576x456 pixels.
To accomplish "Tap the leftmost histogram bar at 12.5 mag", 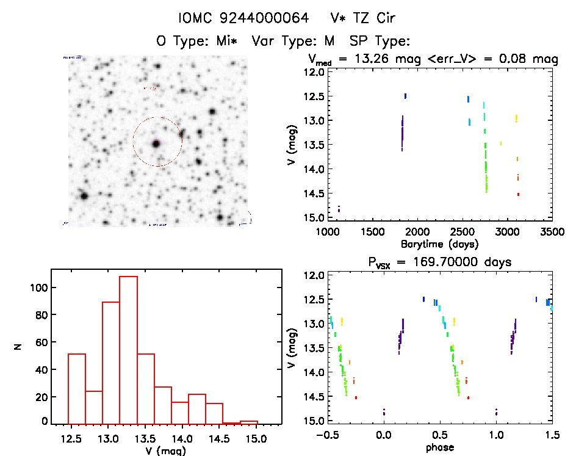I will point(76,388).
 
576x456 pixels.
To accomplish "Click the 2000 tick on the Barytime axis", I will point(417,232).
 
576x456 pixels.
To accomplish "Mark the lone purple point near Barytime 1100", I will point(339,209).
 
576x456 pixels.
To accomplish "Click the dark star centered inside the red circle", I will point(156,143).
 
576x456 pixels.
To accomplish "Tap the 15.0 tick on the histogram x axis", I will point(256,438).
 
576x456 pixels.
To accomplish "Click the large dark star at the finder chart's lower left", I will point(84,196).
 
